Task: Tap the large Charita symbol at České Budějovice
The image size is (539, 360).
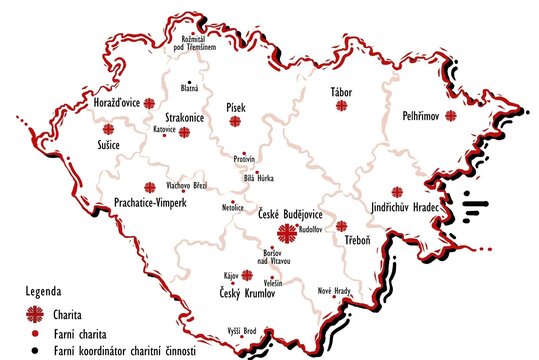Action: coord(288,236)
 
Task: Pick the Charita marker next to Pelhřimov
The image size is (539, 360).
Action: coord(451,116)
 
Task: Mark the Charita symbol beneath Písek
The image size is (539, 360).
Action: coord(235,122)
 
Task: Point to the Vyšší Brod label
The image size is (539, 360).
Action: coord(243,330)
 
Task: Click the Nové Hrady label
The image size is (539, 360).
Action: coord(334,290)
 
